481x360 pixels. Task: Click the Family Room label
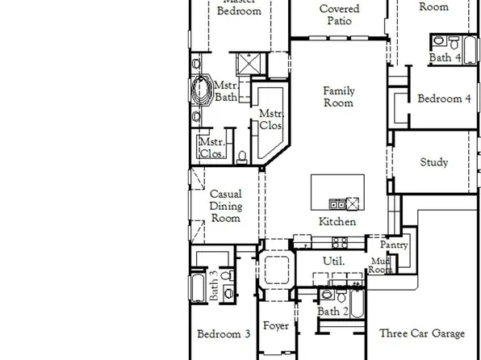coord(339,97)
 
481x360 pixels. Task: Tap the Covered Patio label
coord(339,15)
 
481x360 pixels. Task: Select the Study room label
coord(434,162)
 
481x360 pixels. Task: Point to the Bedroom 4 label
coord(444,99)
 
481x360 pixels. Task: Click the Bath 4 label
coord(445,58)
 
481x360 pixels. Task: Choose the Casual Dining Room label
coord(225,206)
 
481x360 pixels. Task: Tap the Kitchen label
coord(337,222)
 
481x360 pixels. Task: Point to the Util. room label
coord(334,261)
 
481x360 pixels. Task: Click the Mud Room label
coord(380,266)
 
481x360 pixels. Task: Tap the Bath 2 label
coord(333,311)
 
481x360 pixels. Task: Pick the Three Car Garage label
coord(421,333)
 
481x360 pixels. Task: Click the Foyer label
coord(276,326)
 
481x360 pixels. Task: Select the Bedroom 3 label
coord(224,333)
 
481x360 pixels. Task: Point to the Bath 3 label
coord(214,285)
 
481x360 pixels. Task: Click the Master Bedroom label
coord(240,8)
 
